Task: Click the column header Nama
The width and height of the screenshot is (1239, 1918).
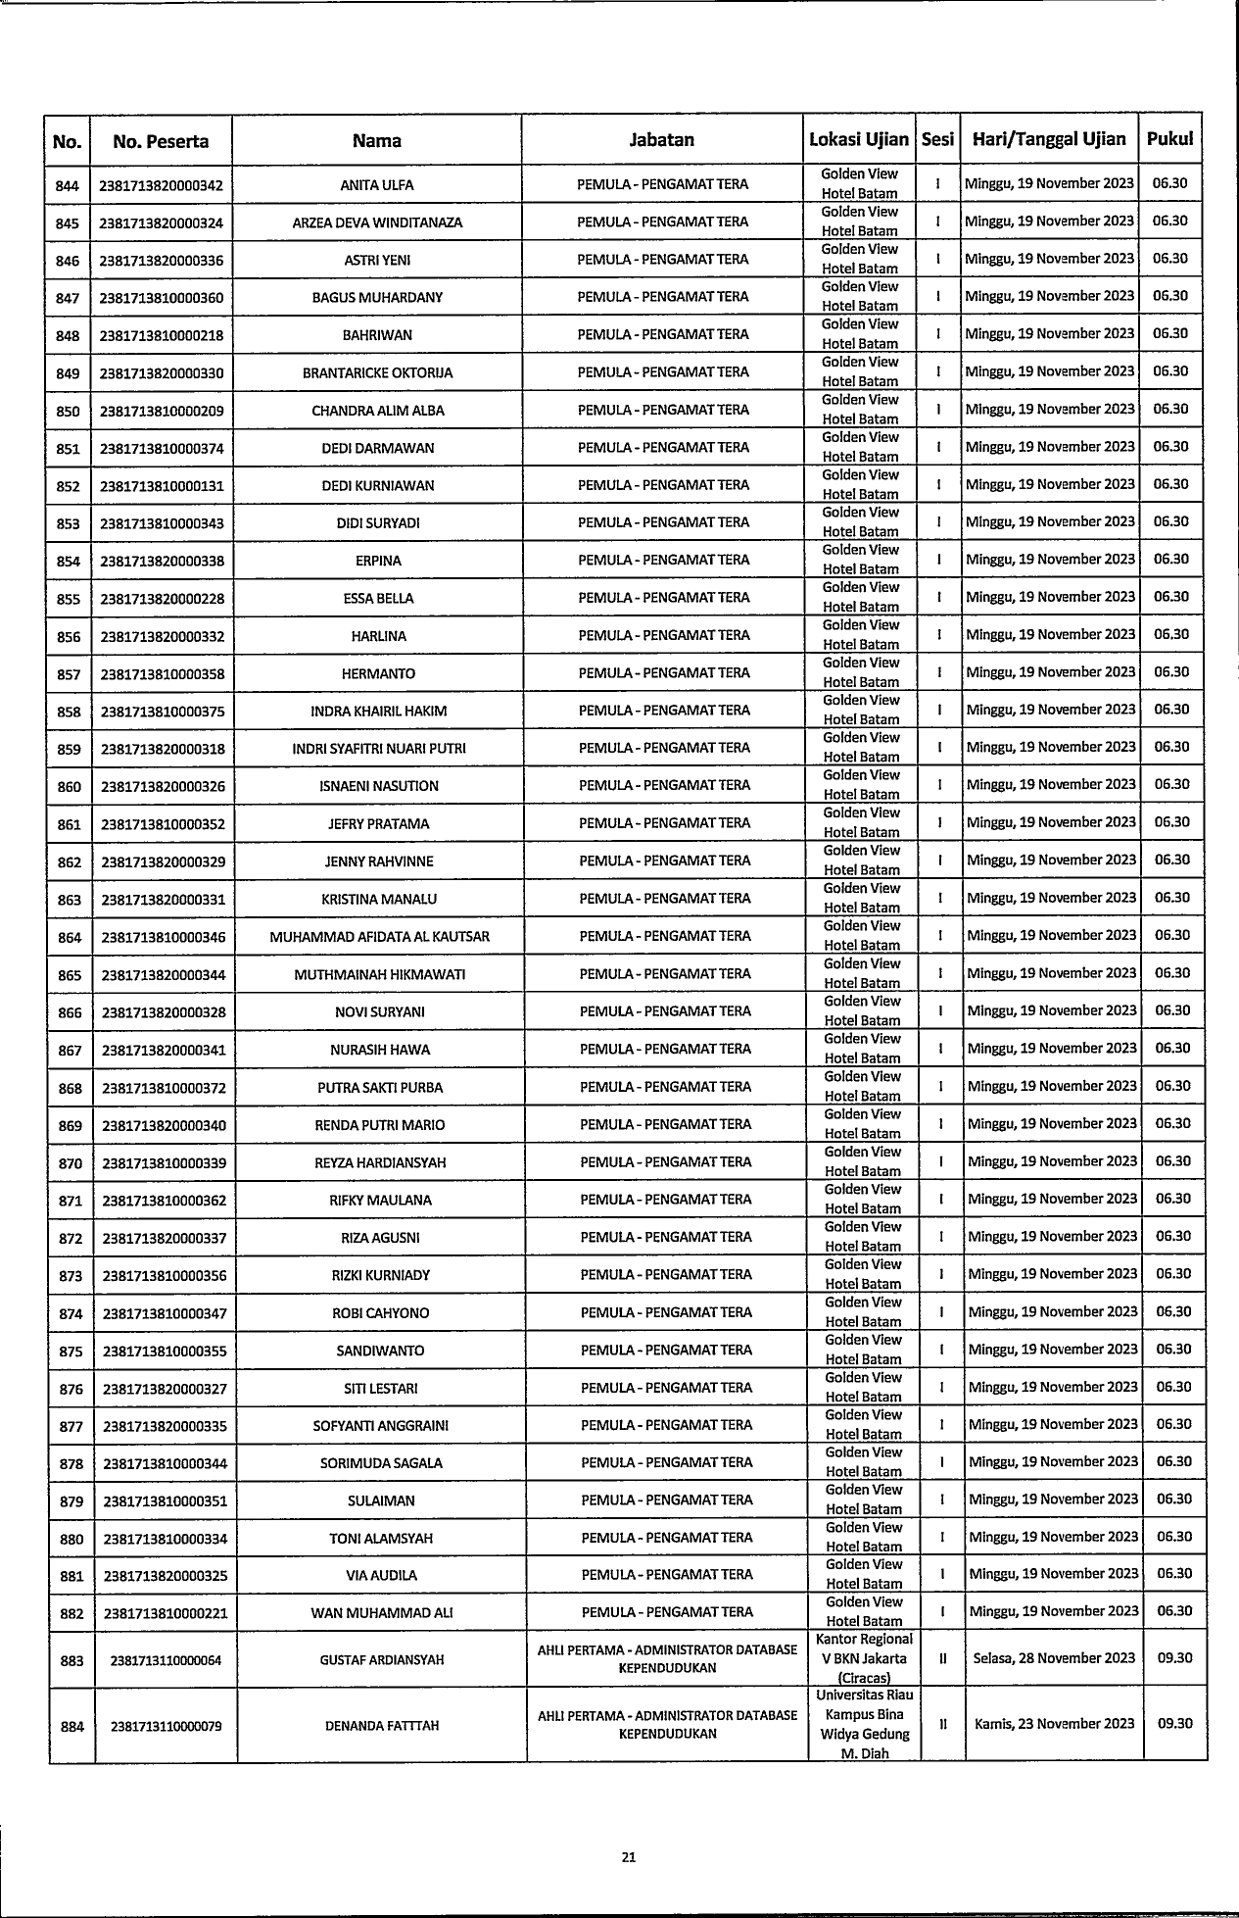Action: (x=376, y=140)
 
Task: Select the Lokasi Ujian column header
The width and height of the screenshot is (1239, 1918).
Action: (x=859, y=139)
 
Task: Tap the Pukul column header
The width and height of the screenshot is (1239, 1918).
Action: (x=1169, y=139)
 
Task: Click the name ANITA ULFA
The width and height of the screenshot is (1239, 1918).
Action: (x=376, y=185)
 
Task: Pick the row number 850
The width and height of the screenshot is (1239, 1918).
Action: (x=68, y=411)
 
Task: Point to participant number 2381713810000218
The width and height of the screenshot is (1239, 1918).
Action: (x=162, y=335)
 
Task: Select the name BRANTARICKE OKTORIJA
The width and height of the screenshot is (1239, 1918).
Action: (x=377, y=373)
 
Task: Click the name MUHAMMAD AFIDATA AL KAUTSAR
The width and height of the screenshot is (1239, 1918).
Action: (x=379, y=937)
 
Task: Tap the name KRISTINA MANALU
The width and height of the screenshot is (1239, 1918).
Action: (x=379, y=899)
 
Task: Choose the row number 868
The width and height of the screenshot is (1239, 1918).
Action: (x=71, y=1088)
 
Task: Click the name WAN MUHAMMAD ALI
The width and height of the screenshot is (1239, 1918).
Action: (x=381, y=1612)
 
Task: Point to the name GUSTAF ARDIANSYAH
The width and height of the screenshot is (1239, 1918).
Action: (x=382, y=1659)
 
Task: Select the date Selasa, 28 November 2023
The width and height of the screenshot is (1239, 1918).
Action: (x=1054, y=1658)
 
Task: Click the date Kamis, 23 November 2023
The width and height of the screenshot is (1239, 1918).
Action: (x=1054, y=1724)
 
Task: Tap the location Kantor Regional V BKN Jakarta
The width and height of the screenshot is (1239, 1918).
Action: (x=864, y=1658)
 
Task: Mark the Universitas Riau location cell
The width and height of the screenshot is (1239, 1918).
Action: (x=864, y=1724)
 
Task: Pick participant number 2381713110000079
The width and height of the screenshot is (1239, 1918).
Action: (x=167, y=1726)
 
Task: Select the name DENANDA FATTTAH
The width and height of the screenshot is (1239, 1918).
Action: (x=382, y=1726)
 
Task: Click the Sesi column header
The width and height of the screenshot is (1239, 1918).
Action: (x=937, y=139)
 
